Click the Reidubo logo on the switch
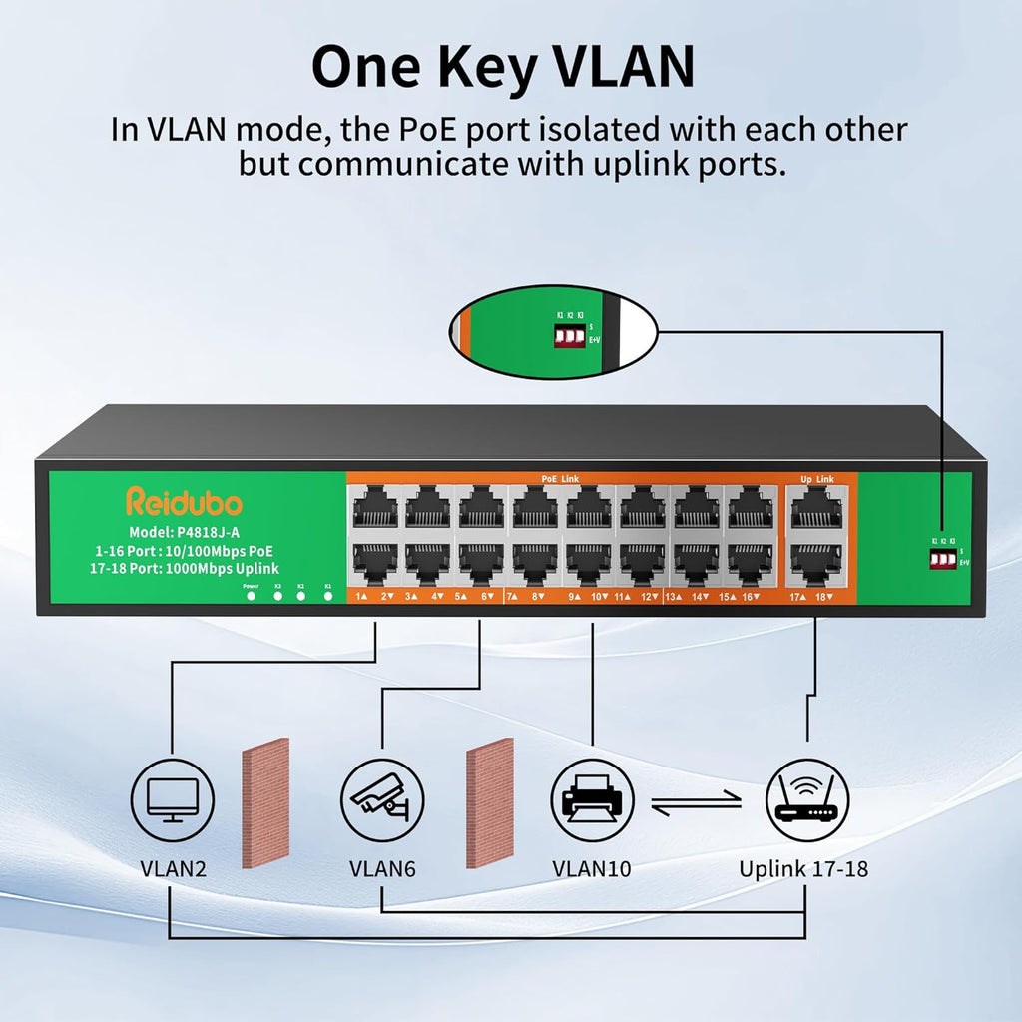click(184, 501)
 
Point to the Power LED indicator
click(251, 596)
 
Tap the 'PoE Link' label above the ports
click(561, 479)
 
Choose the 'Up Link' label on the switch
click(817, 479)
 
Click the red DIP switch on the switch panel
click(939, 559)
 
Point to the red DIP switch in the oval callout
click(568, 336)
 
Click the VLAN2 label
click(173, 868)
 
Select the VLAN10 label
click(592, 868)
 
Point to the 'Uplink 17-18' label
click(803, 868)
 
